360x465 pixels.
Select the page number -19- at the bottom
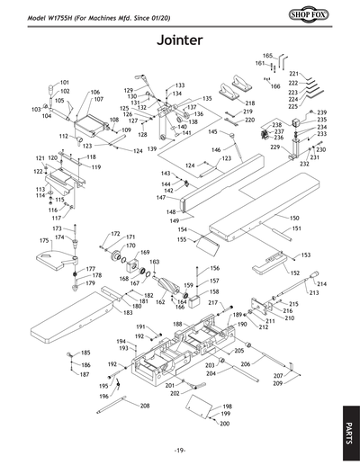180,450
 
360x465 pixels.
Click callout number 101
64,82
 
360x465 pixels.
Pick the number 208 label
144,406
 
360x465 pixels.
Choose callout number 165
267,56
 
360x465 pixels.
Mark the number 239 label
320,112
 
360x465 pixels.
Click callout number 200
225,424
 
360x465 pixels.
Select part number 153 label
305,255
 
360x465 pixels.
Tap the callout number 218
249,103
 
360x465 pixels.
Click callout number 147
160,198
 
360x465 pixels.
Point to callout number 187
85,374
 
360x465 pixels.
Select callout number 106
95,93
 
